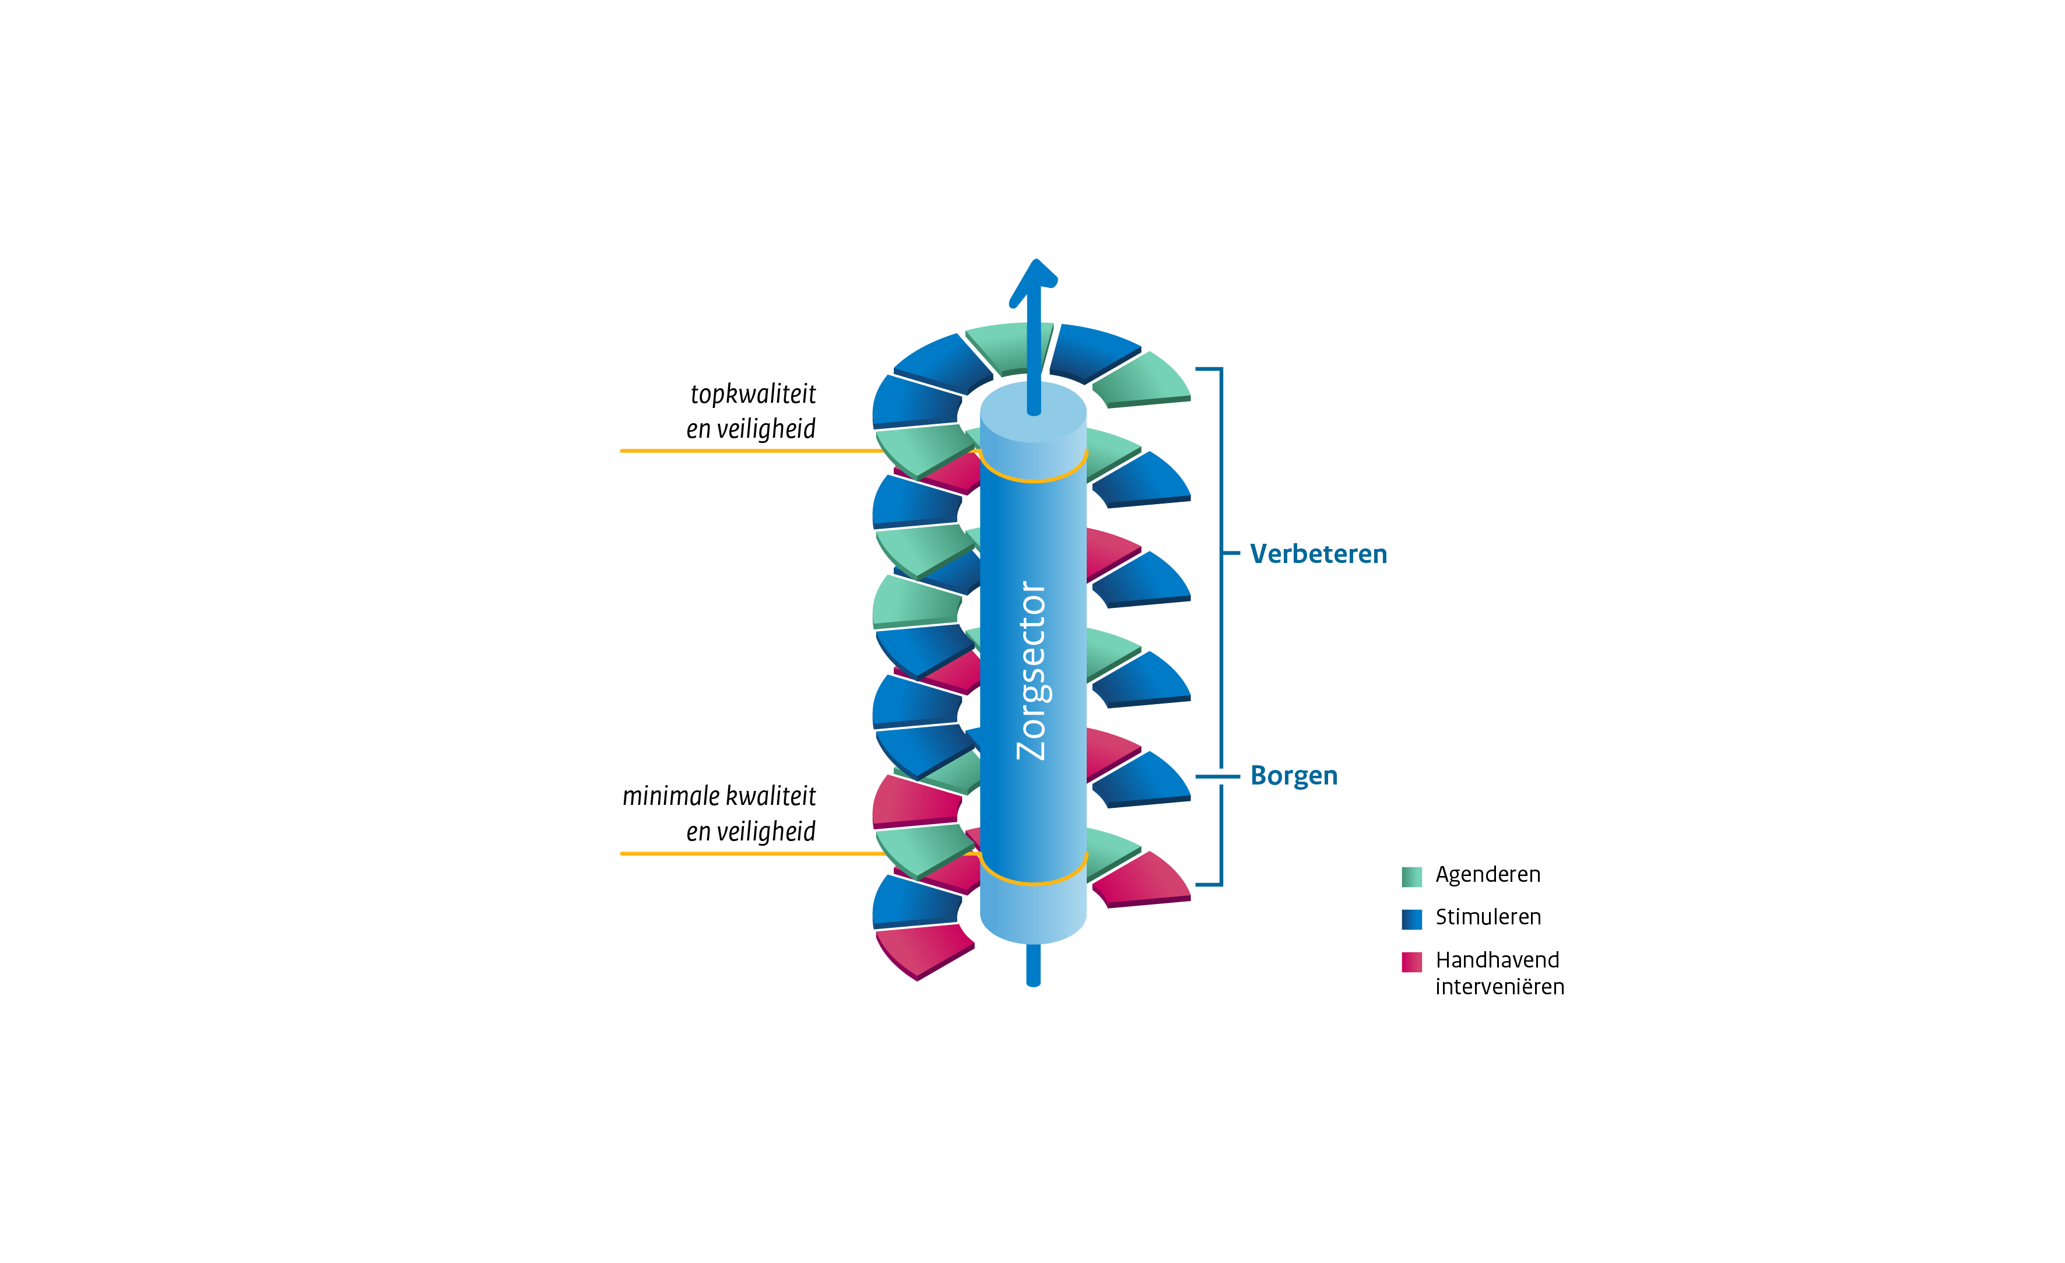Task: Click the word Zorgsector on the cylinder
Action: point(1032,670)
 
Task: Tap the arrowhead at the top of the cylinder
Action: point(1033,281)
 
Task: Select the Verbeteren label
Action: point(1318,554)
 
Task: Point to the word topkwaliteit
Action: point(753,394)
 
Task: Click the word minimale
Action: point(670,796)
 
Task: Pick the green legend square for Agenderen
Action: point(1411,877)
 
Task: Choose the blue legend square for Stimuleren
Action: point(1411,919)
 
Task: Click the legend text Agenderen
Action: point(1488,875)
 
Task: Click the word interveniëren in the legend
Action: point(1499,987)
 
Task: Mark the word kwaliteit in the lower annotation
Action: point(770,796)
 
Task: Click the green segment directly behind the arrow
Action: point(1006,345)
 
